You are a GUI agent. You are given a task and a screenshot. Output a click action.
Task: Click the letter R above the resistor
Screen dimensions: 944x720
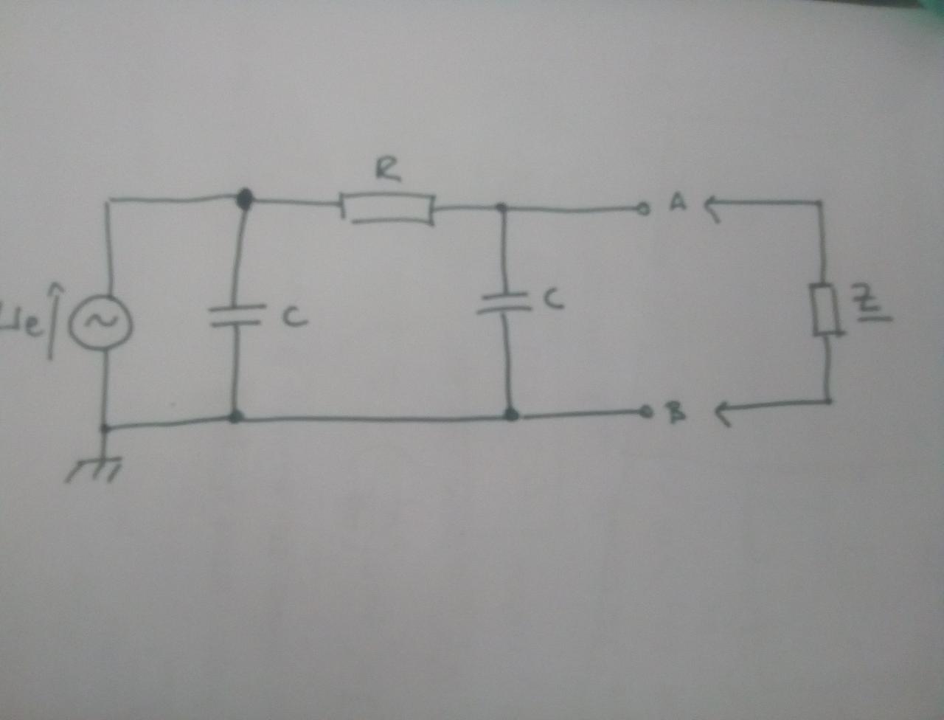[388, 170]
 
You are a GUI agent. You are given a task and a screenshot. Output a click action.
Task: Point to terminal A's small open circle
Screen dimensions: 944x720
[644, 210]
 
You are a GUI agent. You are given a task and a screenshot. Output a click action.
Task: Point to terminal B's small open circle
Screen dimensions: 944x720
[646, 410]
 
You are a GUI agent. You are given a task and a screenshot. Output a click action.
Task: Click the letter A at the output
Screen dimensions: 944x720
[677, 202]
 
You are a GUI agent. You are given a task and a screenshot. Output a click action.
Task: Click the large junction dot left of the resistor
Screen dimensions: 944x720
[244, 198]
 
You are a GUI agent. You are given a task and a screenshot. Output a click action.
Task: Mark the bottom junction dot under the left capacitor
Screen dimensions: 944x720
[236, 417]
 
